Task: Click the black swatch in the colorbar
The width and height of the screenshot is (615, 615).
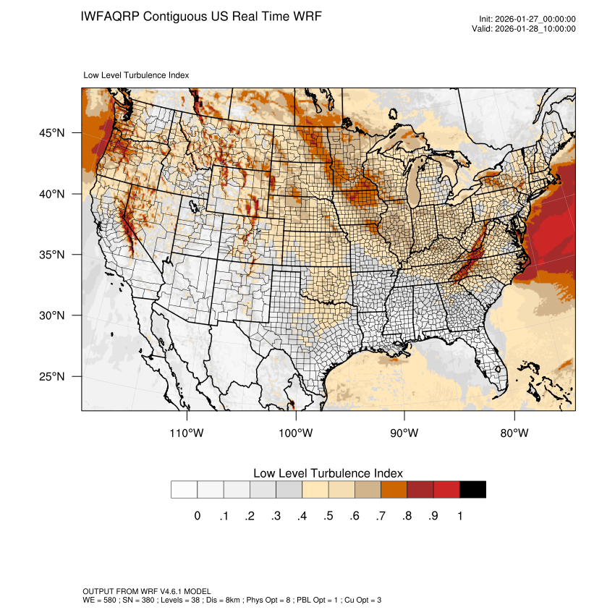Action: coord(472,489)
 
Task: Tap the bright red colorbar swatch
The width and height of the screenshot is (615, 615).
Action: coord(446,489)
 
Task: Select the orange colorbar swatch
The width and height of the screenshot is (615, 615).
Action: coord(394,489)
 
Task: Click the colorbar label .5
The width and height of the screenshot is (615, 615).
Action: coord(328,516)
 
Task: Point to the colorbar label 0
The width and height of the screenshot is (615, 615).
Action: coord(198,516)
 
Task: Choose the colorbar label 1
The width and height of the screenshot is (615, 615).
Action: coord(460,516)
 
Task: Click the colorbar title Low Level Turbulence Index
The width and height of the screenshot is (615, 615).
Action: coord(328,473)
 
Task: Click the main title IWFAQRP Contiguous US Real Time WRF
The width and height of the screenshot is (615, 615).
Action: coord(201,16)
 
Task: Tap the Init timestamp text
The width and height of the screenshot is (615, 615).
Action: coord(527,20)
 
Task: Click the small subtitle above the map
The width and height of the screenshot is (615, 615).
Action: coord(137,75)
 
